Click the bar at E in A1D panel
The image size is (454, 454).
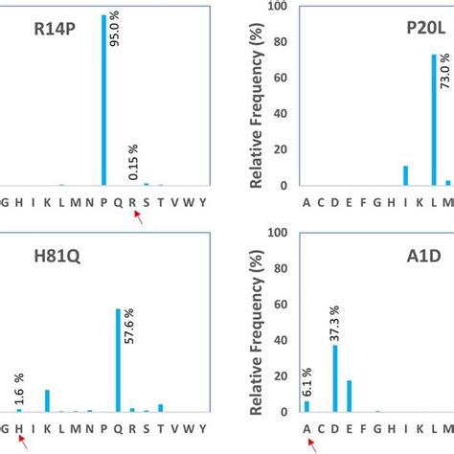349,397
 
